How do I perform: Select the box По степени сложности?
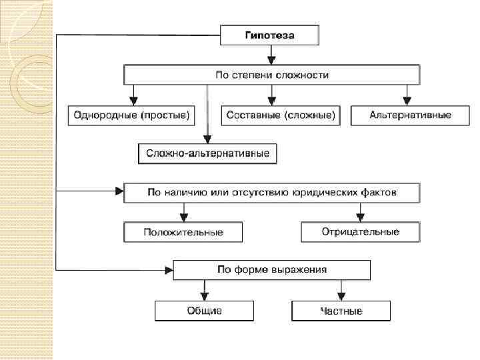271,75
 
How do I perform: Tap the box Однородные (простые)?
131,115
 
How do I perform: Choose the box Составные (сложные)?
280,115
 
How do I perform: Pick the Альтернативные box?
410,115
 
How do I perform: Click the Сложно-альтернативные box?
207,155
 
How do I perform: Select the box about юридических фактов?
271,193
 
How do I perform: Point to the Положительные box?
183,232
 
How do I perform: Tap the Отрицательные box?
360,232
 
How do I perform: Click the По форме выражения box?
271,269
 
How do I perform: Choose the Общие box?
205,311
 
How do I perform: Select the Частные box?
341,311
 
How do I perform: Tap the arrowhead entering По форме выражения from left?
169,269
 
